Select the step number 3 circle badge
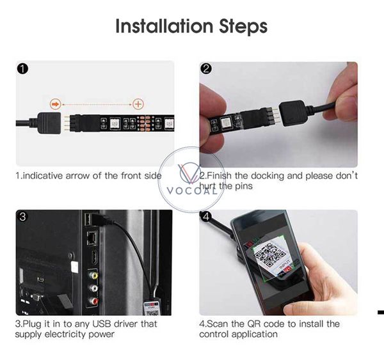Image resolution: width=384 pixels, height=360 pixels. (x=23, y=217)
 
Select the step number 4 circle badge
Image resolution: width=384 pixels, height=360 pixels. (x=206, y=217)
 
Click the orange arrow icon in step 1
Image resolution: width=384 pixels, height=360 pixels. (x=55, y=103)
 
